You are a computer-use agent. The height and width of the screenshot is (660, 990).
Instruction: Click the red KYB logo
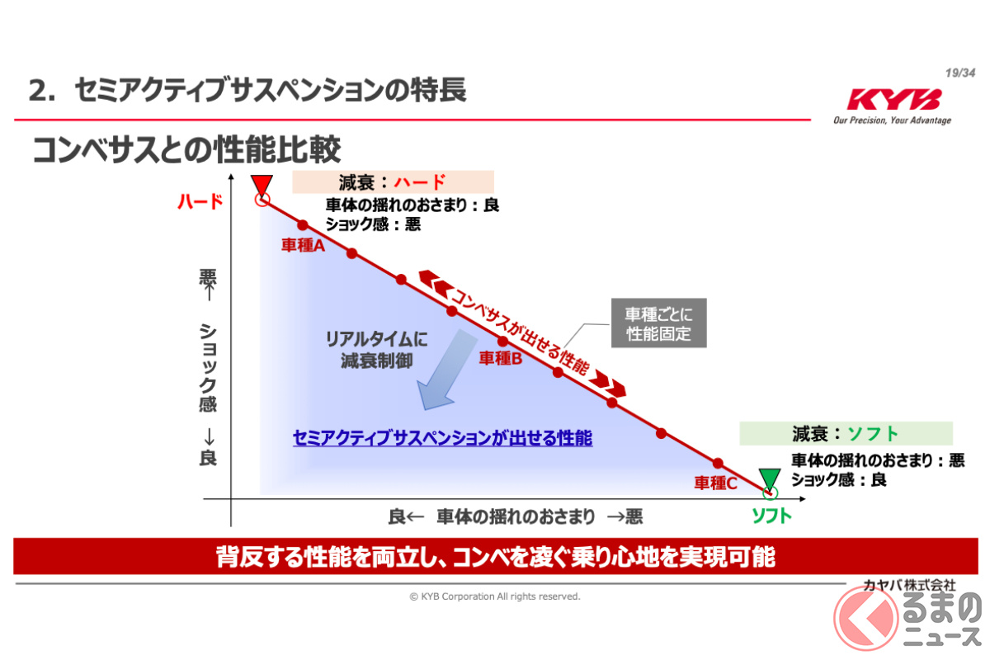pyautogui.click(x=893, y=99)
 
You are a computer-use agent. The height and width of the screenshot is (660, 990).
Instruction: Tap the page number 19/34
pyautogui.click(x=960, y=73)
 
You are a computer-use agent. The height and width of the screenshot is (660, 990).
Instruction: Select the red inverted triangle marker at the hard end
pyautogui.click(x=262, y=186)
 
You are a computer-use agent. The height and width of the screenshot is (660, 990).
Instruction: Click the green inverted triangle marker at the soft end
pyautogui.click(x=770, y=479)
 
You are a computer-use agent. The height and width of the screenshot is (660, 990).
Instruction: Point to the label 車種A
pyautogui.click(x=304, y=245)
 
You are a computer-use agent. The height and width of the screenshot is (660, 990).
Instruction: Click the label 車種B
pyautogui.click(x=500, y=358)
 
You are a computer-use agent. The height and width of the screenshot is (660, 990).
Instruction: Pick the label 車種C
pyautogui.click(x=715, y=483)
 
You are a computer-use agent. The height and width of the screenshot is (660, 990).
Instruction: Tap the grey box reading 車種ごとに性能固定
pyautogui.click(x=658, y=323)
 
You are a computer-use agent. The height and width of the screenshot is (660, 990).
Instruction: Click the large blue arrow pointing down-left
pyautogui.click(x=446, y=369)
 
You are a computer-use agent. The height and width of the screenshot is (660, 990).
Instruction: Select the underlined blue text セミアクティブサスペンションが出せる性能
pyautogui.click(x=442, y=438)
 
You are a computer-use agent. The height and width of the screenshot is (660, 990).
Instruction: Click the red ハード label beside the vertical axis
pyautogui.click(x=200, y=202)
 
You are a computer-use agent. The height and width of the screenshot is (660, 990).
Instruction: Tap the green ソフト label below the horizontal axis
pyautogui.click(x=771, y=516)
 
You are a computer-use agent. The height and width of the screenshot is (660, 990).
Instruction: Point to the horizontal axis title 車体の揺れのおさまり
pyautogui.click(x=516, y=516)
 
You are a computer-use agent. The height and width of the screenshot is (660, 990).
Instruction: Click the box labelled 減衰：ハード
pyautogui.click(x=393, y=182)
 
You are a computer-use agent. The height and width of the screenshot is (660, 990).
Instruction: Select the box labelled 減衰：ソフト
pyautogui.click(x=846, y=434)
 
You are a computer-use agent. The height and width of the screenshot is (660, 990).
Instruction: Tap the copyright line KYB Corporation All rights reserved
pyautogui.click(x=494, y=596)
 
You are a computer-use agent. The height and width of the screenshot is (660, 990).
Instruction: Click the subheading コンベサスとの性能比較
pyautogui.click(x=186, y=149)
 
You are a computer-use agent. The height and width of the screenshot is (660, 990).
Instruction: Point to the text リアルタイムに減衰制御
pyautogui.click(x=376, y=350)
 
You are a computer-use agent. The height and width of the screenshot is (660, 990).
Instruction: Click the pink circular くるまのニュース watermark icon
pyautogui.click(x=865, y=618)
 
